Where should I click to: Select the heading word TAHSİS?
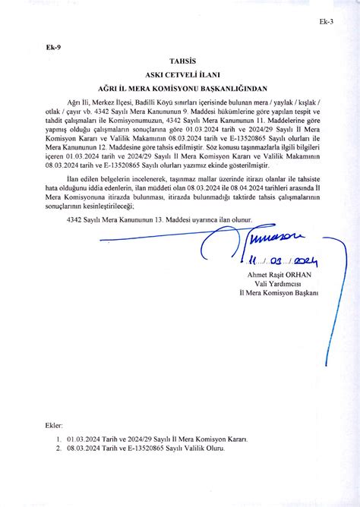coord(180,61)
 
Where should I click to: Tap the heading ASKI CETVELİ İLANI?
coord(180,74)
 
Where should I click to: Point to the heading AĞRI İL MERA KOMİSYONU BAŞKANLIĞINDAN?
coord(180,87)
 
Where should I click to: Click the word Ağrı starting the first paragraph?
coord(74,102)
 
